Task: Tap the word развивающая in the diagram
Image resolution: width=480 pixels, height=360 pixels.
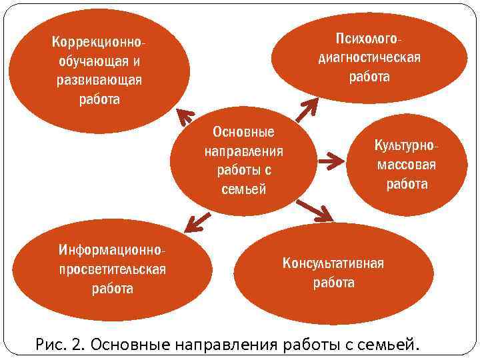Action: click(x=98, y=81)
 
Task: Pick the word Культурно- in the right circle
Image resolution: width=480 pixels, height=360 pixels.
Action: click(x=407, y=145)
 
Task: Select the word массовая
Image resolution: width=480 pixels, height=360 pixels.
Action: click(x=407, y=165)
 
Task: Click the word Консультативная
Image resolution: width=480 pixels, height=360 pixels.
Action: click(x=333, y=263)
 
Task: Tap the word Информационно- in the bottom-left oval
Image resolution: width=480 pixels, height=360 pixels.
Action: click(x=111, y=250)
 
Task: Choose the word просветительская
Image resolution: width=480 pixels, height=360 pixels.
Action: click(x=111, y=269)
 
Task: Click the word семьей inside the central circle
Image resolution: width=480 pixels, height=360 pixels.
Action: click(x=243, y=189)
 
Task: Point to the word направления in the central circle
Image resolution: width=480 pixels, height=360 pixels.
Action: click(x=243, y=151)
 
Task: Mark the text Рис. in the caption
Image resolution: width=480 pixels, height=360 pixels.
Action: click(x=51, y=344)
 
